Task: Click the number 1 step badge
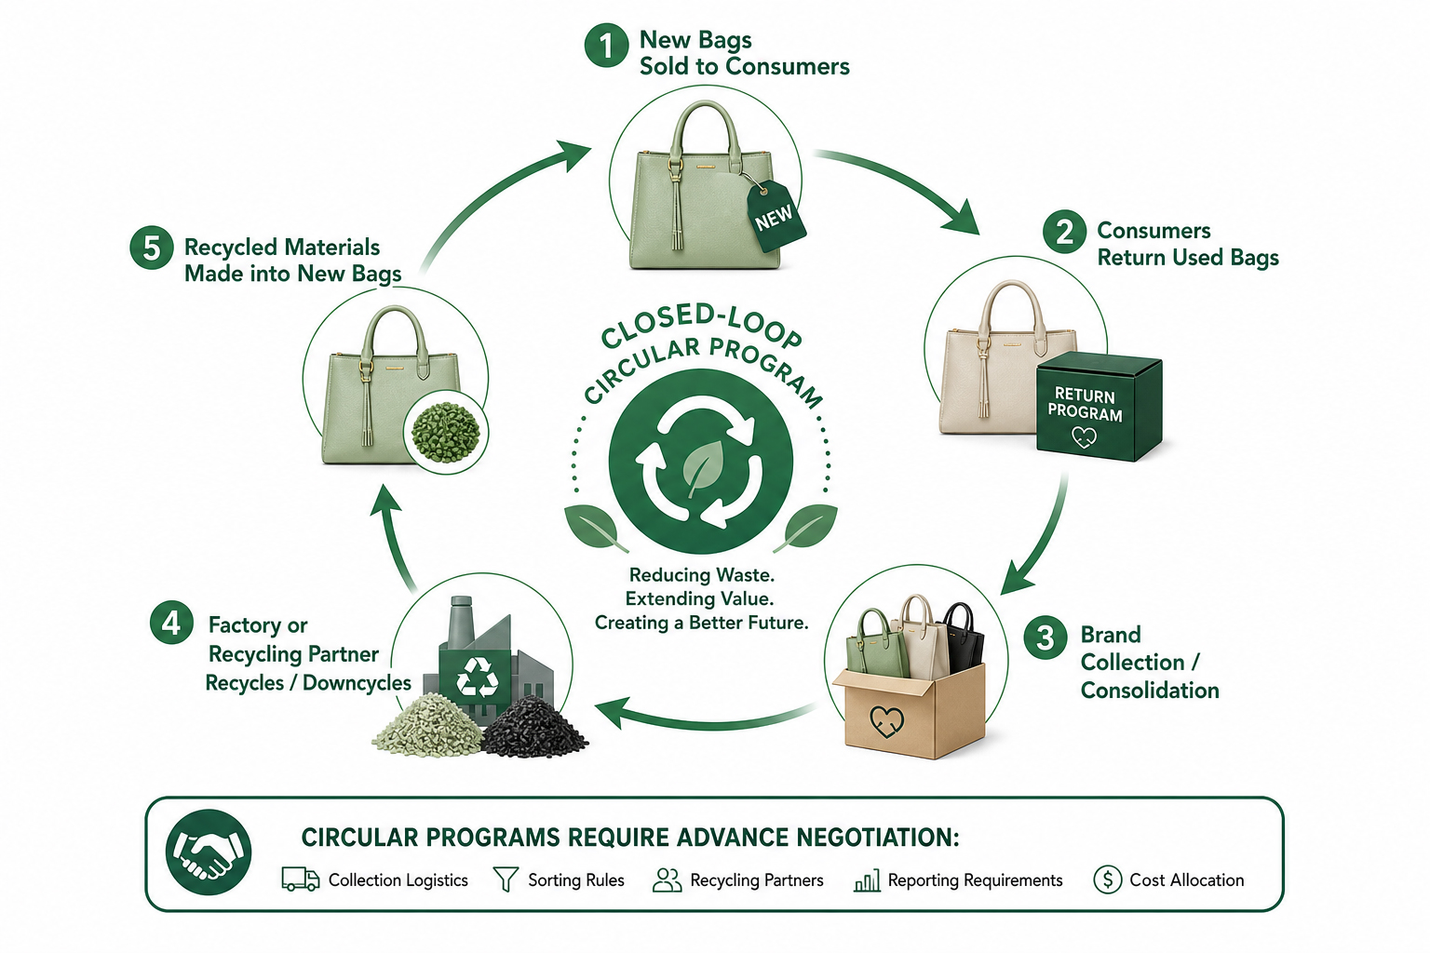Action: point(606,46)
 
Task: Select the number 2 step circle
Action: point(1064,232)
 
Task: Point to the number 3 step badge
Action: point(1046,637)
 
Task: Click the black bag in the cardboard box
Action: point(963,640)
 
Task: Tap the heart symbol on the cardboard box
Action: point(887,721)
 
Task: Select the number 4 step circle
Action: point(171,623)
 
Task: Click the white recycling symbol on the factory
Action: point(477,678)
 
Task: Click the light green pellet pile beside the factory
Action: point(427,727)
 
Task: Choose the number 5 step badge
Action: point(152,248)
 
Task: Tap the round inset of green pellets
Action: point(446,431)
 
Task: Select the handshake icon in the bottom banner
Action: point(209,852)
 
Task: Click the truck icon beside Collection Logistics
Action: point(301,879)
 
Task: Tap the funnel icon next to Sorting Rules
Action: point(506,879)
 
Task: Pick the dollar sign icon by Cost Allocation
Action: point(1108,879)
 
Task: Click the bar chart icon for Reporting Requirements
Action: point(867,880)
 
